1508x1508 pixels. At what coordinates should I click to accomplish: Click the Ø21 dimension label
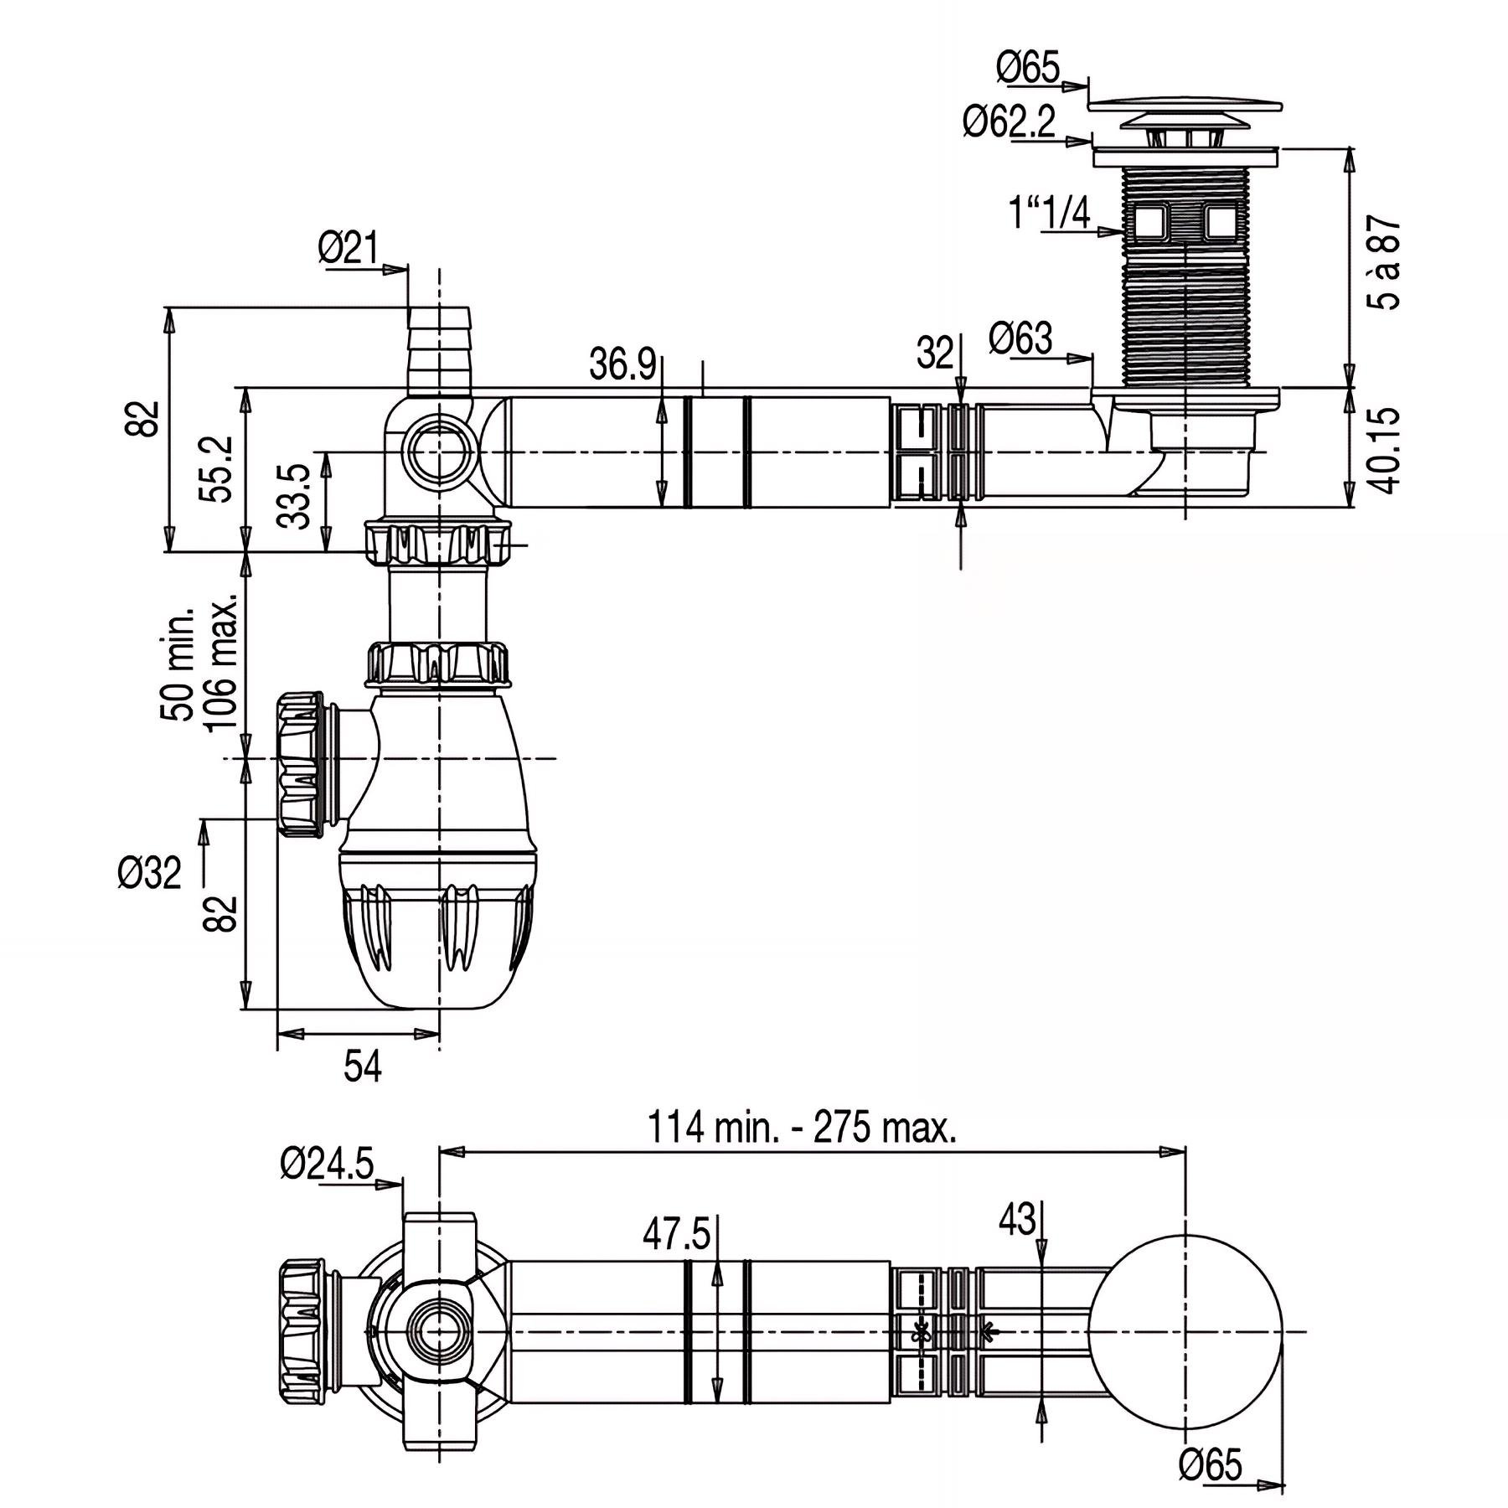pyautogui.click(x=348, y=249)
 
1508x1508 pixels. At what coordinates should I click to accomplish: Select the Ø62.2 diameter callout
pyautogui.click(x=1009, y=123)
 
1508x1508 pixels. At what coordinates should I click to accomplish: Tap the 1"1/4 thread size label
pyautogui.click(x=1050, y=214)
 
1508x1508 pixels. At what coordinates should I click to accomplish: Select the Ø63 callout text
pyautogui.click(x=1020, y=338)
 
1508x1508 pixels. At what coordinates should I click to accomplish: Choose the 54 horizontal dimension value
pyautogui.click(x=363, y=1067)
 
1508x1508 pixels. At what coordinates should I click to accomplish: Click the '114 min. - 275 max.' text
pyautogui.click(x=802, y=1128)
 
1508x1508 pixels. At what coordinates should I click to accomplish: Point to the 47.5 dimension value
pyautogui.click(x=675, y=1234)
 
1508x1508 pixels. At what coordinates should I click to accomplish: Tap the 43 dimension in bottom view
pyautogui.click(x=1017, y=1221)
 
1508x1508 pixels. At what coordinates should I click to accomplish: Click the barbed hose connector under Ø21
pyautogui.click(x=439, y=350)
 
